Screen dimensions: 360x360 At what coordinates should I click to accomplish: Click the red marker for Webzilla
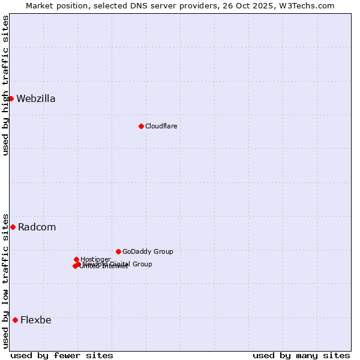[11, 98]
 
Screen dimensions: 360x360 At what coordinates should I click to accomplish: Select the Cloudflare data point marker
[141, 126]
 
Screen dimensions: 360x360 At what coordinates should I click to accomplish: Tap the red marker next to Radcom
[13, 227]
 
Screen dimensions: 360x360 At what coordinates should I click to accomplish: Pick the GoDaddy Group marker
[118, 251]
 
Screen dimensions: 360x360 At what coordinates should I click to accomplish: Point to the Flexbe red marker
[15, 320]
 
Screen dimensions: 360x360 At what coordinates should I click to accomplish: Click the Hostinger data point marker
[76, 259]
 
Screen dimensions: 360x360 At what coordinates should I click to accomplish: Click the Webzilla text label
[36, 99]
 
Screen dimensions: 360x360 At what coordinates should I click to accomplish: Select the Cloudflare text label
[161, 126]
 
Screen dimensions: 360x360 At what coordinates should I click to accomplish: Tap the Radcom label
[37, 227]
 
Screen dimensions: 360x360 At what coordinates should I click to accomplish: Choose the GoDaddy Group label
[148, 251]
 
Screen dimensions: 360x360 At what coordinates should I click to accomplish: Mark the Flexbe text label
[35, 320]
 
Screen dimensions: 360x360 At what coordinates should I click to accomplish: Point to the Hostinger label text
[95, 259]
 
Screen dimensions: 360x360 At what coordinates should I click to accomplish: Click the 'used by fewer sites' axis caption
[62, 355]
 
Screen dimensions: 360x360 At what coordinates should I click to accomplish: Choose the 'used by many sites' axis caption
[301, 355]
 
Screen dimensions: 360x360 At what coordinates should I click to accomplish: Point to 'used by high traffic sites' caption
[5, 85]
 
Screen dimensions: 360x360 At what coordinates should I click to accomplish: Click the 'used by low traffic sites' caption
[5, 280]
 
